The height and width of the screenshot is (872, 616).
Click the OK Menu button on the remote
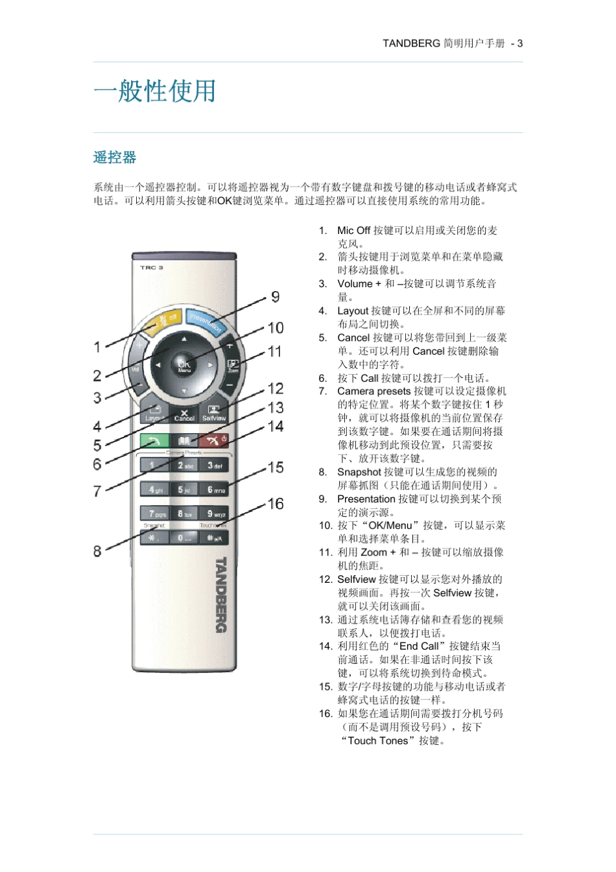(x=184, y=365)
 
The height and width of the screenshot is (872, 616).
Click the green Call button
(x=155, y=441)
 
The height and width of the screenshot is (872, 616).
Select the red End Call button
(x=213, y=441)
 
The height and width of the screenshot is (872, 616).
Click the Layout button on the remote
(x=155, y=412)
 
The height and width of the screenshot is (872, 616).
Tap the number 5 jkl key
(x=185, y=489)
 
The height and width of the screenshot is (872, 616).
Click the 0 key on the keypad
(x=184, y=537)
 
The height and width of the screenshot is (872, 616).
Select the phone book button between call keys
(x=184, y=441)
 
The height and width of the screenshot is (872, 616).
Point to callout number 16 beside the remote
(x=276, y=504)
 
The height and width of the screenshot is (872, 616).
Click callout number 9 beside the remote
(x=276, y=297)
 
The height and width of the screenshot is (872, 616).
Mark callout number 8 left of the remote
(x=97, y=551)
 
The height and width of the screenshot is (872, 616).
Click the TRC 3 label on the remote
(x=152, y=267)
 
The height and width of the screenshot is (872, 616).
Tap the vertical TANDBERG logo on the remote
(x=220, y=594)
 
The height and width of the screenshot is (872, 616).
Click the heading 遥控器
(x=115, y=158)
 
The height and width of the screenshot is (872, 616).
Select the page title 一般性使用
(x=154, y=91)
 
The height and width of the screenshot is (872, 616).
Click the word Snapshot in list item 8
(x=359, y=472)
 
